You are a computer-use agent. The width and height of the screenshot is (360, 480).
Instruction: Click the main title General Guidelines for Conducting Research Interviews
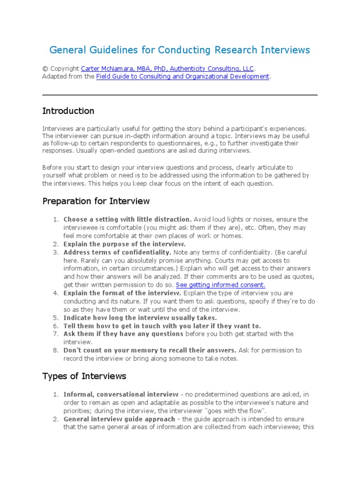click(180, 50)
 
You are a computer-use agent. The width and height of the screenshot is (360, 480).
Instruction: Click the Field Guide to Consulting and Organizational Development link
click(183, 76)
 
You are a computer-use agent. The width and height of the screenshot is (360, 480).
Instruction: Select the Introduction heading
click(68, 111)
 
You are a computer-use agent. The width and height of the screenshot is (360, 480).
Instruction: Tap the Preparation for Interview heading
click(96, 201)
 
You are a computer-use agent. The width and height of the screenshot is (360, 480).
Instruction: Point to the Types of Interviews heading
click(84, 376)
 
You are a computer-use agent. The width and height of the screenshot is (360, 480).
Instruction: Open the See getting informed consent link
click(220, 285)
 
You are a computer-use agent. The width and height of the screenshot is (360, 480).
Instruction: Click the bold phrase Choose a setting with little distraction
click(127, 219)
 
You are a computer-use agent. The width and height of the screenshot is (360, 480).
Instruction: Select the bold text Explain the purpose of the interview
click(125, 244)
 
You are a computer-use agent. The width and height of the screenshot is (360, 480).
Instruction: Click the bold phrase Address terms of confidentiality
click(117, 252)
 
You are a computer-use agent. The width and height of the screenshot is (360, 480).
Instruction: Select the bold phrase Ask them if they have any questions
click(123, 334)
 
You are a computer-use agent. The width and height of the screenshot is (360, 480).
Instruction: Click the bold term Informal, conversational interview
click(121, 394)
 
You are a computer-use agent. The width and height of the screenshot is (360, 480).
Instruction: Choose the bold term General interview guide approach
click(120, 419)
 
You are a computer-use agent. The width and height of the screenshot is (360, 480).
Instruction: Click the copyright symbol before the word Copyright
click(45, 68)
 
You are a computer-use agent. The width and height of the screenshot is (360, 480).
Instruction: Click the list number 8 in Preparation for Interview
click(55, 350)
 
